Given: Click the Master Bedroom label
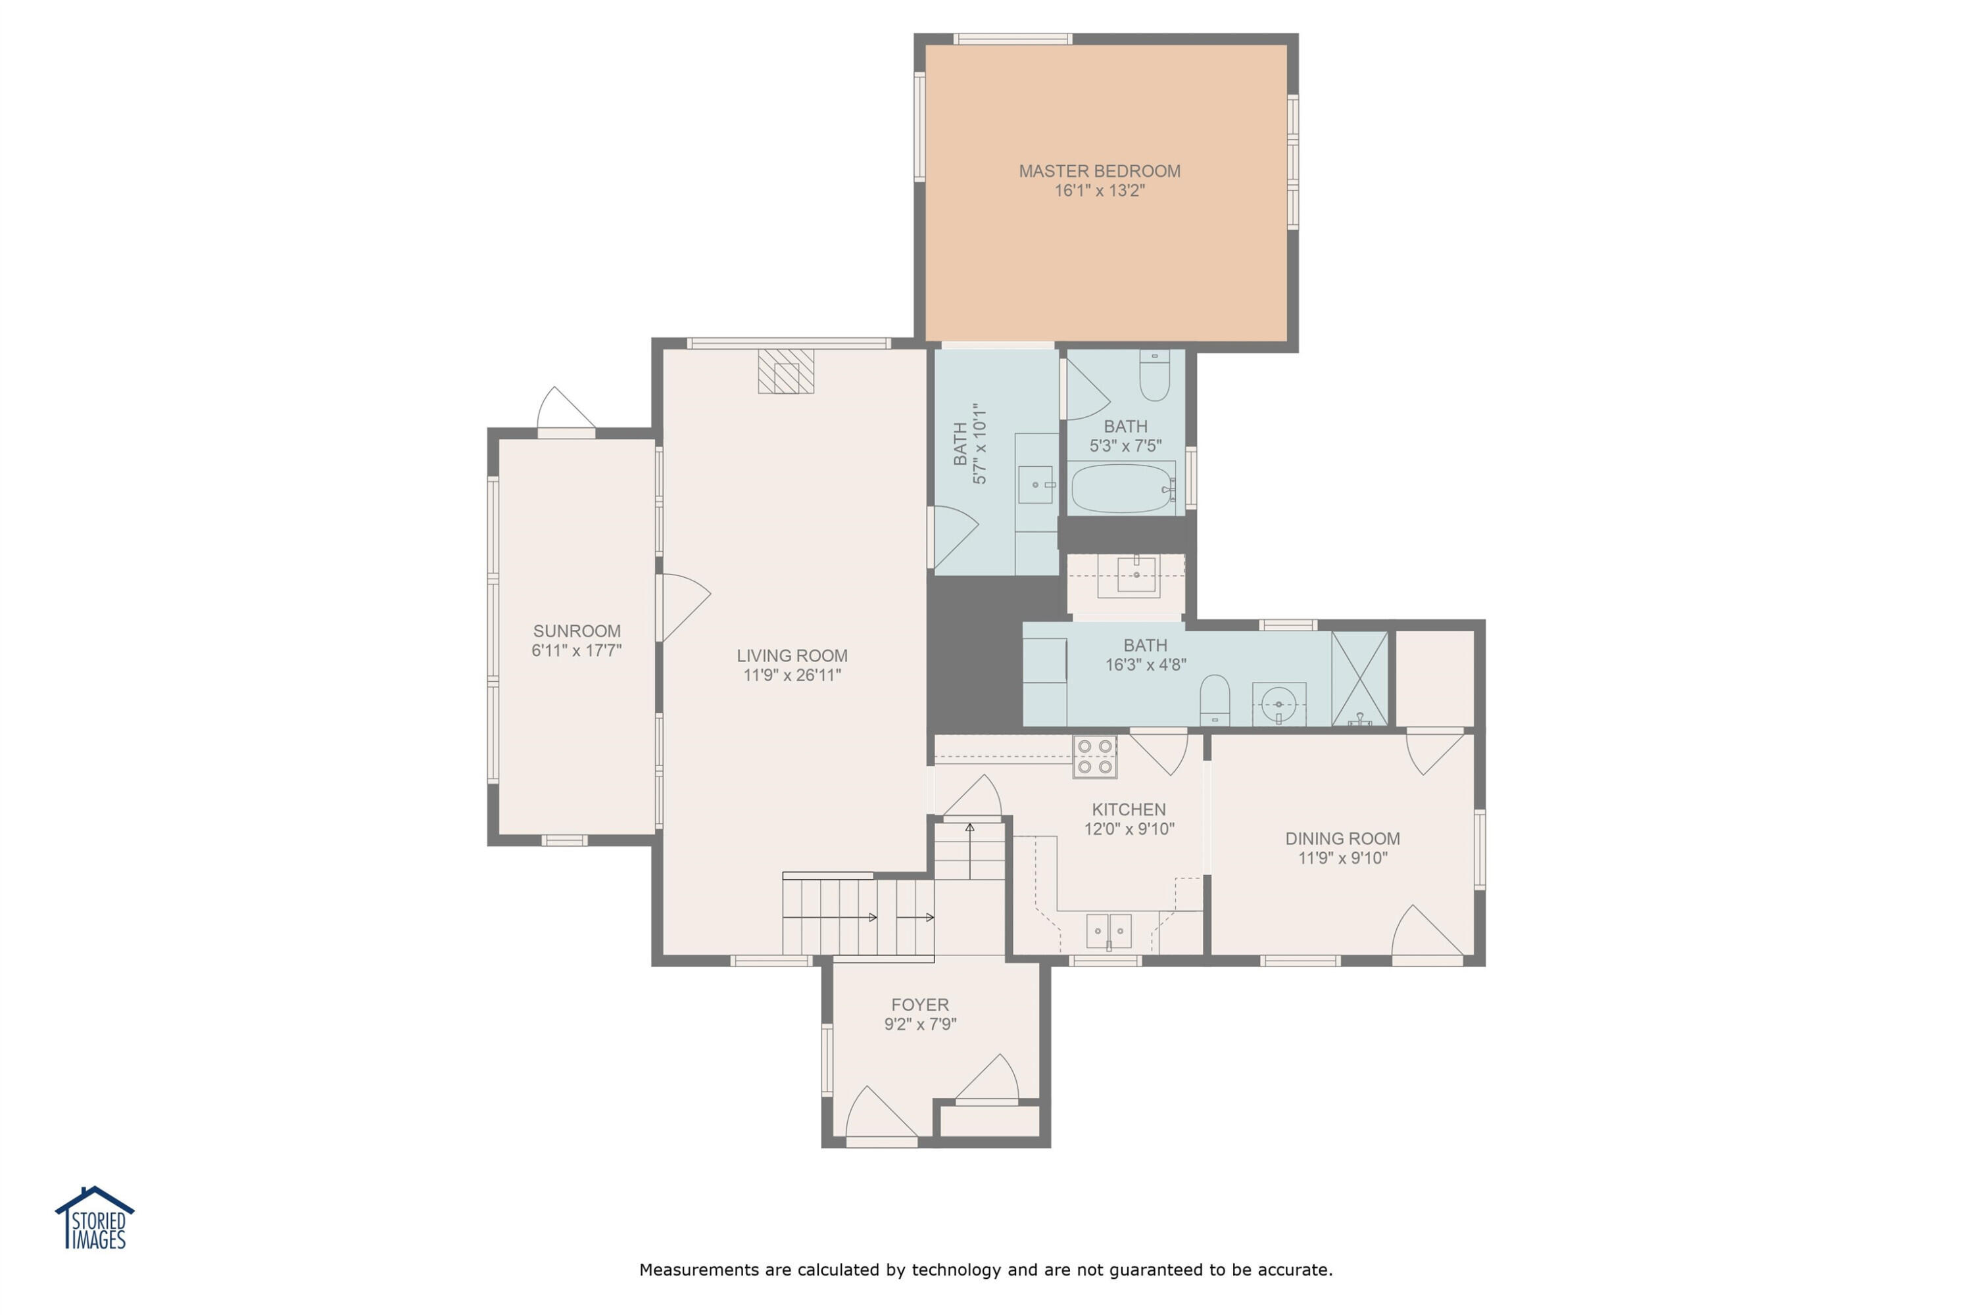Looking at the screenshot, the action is pyautogui.click(x=1100, y=171).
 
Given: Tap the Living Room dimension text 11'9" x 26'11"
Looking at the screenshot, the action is pyautogui.click(x=792, y=675).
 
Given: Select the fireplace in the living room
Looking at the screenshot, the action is pyautogui.click(x=786, y=371).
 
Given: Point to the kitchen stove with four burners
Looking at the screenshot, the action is pyautogui.click(x=1095, y=757).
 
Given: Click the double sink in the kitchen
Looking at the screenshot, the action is pyautogui.click(x=1109, y=931).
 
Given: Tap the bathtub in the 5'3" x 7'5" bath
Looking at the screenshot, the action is pyautogui.click(x=1121, y=488).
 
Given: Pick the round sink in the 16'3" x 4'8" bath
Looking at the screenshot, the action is pyautogui.click(x=1279, y=703).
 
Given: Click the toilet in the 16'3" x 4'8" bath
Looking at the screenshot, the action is pyautogui.click(x=1215, y=700).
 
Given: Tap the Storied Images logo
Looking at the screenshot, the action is pyautogui.click(x=95, y=1218).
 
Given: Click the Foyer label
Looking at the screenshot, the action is pyautogui.click(x=920, y=1005).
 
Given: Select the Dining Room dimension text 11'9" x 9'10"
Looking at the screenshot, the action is pyautogui.click(x=1343, y=858).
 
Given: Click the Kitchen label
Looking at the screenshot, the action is pyautogui.click(x=1129, y=809).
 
